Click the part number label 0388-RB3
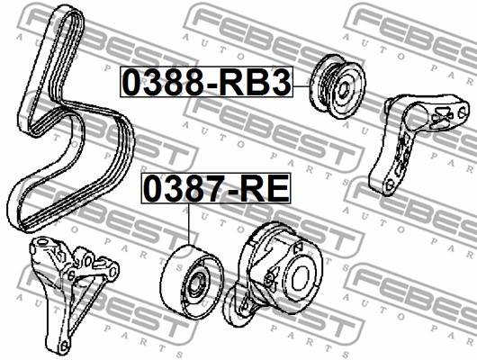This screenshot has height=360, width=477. pyautogui.click(x=207, y=82)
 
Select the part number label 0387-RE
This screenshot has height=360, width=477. pyautogui.click(x=216, y=188)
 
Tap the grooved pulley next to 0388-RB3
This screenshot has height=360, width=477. pyautogui.click(x=337, y=86)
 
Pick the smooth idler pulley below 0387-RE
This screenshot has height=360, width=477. pyautogui.click(x=192, y=281)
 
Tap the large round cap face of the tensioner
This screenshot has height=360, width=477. pyautogui.click(x=301, y=279)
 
